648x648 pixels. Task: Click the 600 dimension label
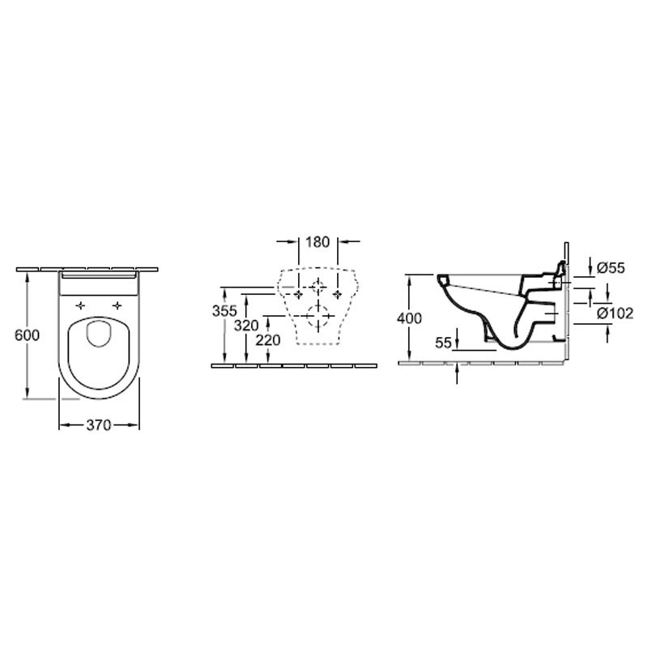click(x=27, y=335)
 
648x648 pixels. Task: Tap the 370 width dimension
click(x=99, y=424)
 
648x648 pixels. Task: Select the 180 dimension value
click(x=318, y=241)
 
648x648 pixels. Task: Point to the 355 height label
click(x=224, y=311)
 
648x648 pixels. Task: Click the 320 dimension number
click(x=246, y=326)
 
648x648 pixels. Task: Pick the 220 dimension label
click(x=268, y=340)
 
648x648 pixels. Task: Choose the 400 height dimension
click(x=409, y=318)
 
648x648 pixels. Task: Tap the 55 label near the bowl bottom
click(x=443, y=343)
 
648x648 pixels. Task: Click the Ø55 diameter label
click(x=612, y=268)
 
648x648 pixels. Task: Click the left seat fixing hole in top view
click(x=80, y=306)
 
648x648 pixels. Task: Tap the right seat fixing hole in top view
click(x=117, y=306)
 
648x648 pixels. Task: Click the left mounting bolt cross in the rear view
click(x=298, y=294)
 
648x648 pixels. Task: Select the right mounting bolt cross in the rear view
click(x=338, y=294)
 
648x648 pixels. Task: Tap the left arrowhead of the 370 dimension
click(x=64, y=424)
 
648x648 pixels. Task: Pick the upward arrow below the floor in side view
click(x=457, y=374)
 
